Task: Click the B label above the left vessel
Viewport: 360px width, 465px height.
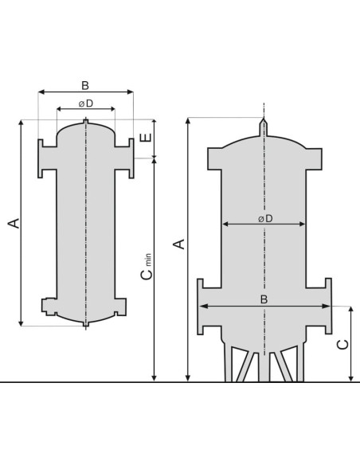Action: tap(85, 85)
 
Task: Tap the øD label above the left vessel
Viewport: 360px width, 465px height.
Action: tap(86, 104)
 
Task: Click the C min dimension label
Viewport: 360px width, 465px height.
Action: tap(147, 266)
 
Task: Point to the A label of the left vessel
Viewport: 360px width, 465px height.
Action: tap(14, 223)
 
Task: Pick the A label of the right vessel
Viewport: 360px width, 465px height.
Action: tap(179, 244)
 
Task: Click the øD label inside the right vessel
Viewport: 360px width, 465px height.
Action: tap(265, 219)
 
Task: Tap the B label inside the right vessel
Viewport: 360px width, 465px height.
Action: tap(264, 299)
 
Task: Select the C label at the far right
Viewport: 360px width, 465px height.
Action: tap(343, 345)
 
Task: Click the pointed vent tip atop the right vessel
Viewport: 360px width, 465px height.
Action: tap(264, 119)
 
